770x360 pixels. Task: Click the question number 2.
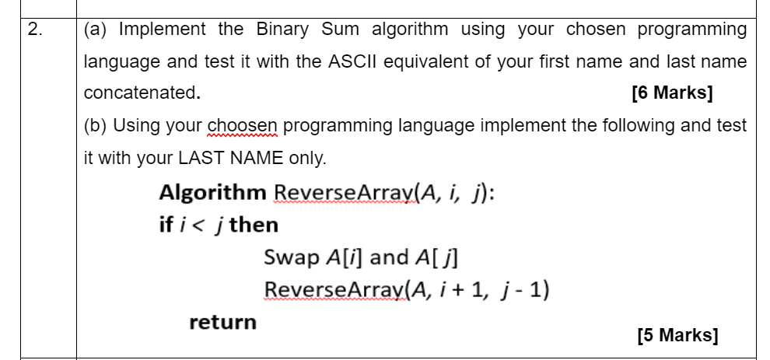click(35, 30)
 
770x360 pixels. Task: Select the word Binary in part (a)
click(282, 30)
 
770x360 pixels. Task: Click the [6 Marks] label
click(672, 93)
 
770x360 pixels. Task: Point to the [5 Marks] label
click(678, 335)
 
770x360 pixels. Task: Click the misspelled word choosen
click(243, 126)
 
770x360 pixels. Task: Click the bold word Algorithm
click(212, 193)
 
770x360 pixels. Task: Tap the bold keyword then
click(254, 225)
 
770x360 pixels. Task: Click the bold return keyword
click(223, 322)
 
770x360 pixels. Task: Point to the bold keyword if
click(166, 225)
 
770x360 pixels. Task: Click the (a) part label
click(95, 30)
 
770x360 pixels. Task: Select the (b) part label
click(95, 126)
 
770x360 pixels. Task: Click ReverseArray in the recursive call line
click(336, 290)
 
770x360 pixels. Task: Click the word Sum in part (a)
click(340, 30)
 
